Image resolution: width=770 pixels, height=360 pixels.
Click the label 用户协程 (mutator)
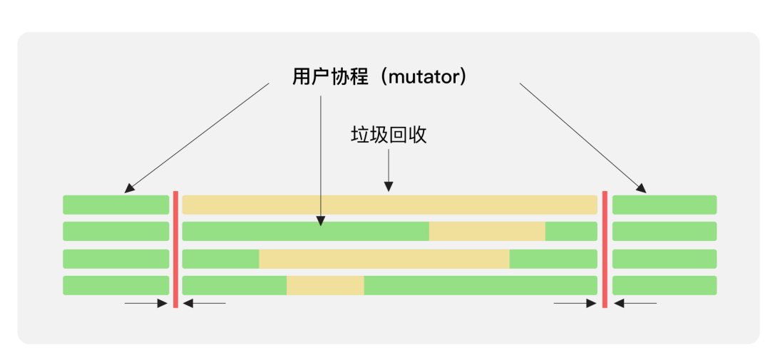pos(379,77)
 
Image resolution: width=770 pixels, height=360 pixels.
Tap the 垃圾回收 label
pos(389,135)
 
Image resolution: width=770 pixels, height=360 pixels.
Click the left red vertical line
pos(175,250)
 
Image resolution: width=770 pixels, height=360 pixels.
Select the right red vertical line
pos(605,250)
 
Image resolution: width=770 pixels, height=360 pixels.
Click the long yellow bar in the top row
pos(389,205)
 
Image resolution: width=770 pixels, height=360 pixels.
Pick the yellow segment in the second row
pos(487,231)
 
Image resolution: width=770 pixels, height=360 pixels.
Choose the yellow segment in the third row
pos(384,259)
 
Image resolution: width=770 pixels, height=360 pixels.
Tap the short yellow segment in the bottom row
pos(325,285)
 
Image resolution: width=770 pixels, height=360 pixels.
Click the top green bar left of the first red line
pos(116,205)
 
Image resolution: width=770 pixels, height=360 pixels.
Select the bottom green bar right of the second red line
pos(664,285)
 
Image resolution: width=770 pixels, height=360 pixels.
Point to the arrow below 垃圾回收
pos(389,170)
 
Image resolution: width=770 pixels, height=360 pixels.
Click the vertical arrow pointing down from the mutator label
pos(320,160)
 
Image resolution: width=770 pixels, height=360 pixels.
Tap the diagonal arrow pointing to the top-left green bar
pos(197,138)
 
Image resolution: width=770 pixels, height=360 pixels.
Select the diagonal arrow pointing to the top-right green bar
pos(583,138)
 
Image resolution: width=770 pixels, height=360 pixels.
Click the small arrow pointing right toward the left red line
pos(146,304)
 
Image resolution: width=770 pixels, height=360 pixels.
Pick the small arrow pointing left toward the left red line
pos(205,304)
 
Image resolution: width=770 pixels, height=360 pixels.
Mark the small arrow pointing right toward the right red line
pos(575,304)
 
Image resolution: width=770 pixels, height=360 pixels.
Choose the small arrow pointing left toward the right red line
pos(635,304)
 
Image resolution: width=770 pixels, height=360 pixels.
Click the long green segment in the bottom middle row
pos(481,285)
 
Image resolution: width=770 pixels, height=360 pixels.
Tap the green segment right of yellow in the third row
pos(553,259)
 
